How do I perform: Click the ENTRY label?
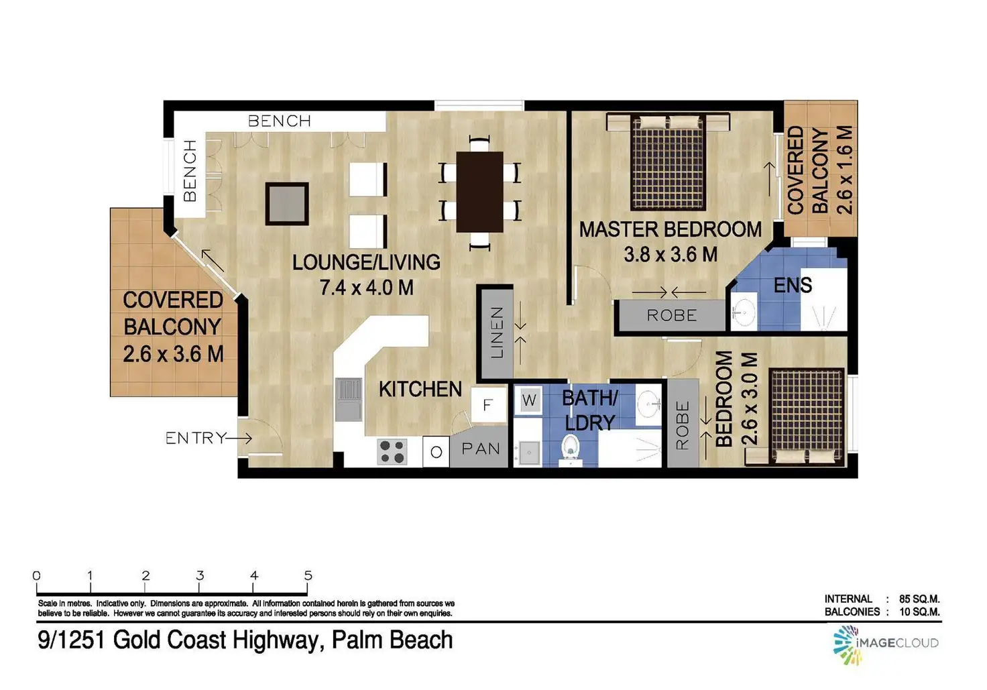(x=196, y=438)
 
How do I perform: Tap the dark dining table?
(x=479, y=192)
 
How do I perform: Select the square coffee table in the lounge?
(x=287, y=204)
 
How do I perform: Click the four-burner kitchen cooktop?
(x=392, y=451)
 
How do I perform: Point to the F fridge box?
(x=487, y=405)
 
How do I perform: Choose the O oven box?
(x=436, y=452)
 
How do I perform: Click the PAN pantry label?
(x=481, y=449)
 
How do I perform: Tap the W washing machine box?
(x=529, y=401)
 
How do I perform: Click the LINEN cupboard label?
(x=496, y=333)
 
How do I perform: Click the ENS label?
(x=793, y=286)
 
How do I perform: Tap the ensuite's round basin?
(x=744, y=312)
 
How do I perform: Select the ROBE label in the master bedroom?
(x=672, y=315)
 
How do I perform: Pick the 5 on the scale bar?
(x=308, y=575)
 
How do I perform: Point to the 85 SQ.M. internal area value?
(x=919, y=599)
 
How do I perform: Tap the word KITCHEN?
(x=420, y=390)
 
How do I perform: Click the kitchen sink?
(x=349, y=399)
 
